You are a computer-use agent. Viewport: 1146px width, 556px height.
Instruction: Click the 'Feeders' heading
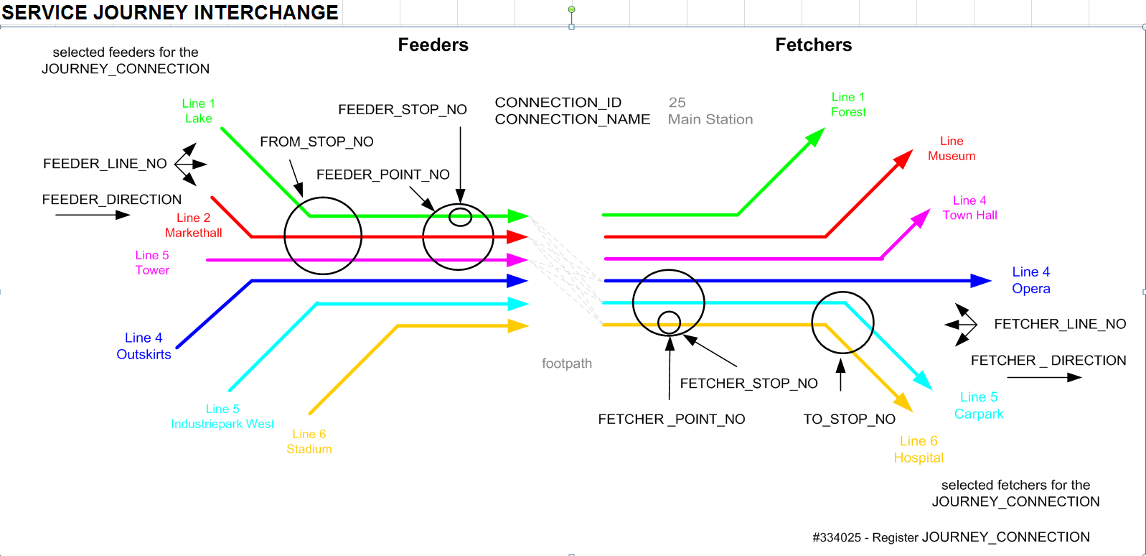pyautogui.click(x=433, y=45)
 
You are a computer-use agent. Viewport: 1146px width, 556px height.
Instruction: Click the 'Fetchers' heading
pyautogui.click(x=813, y=45)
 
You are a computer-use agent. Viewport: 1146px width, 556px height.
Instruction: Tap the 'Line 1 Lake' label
pyautogui.click(x=198, y=111)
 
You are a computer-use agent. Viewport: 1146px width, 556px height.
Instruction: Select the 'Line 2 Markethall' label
pyautogui.click(x=194, y=226)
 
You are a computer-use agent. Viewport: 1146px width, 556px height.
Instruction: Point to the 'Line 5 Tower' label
pyautogui.click(x=152, y=263)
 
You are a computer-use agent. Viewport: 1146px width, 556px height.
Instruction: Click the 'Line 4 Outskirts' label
pyautogui.click(x=144, y=346)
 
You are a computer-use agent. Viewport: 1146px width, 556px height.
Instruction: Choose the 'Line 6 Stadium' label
pyautogui.click(x=309, y=442)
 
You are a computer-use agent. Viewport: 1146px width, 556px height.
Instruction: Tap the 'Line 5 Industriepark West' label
pyautogui.click(x=222, y=417)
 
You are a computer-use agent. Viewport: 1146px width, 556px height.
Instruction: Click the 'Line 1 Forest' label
pyautogui.click(x=848, y=105)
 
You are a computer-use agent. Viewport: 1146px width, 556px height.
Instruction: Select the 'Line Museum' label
pyautogui.click(x=952, y=149)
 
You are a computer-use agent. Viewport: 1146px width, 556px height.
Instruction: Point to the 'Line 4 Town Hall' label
pyautogui.click(x=969, y=208)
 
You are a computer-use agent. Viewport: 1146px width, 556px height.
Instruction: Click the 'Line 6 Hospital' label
pyautogui.click(x=919, y=450)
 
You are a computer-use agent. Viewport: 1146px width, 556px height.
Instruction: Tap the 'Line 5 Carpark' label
pyautogui.click(x=979, y=406)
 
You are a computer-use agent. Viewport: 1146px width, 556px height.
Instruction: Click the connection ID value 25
pyautogui.click(x=677, y=103)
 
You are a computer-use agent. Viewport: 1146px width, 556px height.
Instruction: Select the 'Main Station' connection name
pyautogui.click(x=710, y=120)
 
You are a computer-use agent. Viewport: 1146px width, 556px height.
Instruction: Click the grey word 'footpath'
pyautogui.click(x=567, y=363)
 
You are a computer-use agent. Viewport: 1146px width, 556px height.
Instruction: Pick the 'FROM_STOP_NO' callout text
pyautogui.click(x=316, y=142)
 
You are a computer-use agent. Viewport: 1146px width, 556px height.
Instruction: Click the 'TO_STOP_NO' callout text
pyautogui.click(x=849, y=420)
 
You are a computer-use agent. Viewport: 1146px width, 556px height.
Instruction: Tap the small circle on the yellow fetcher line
pyautogui.click(x=669, y=323)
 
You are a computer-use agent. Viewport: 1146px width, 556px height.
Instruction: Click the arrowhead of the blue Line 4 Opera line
pyautogui.click(x=981, y=281)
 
